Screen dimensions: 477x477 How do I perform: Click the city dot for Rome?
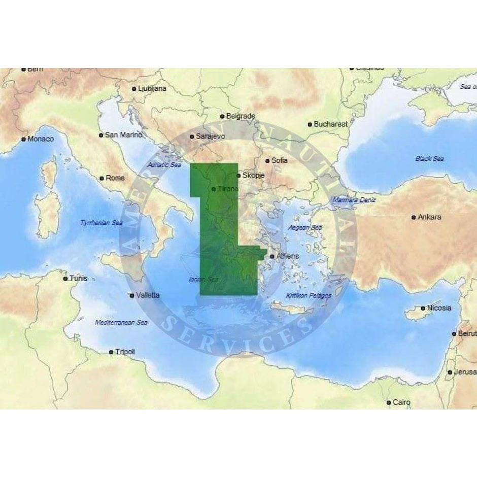102,179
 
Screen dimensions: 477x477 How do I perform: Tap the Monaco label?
41,139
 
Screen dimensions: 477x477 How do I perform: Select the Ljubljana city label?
152,88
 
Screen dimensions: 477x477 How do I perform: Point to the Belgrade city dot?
222,116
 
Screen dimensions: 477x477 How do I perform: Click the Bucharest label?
331,124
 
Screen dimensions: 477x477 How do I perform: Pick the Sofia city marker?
267,161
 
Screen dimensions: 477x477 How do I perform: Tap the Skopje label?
254,176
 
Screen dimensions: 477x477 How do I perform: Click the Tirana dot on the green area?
214,189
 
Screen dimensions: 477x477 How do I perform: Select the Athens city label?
288,256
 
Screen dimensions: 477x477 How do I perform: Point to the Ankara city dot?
414,217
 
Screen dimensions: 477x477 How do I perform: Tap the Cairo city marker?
389,402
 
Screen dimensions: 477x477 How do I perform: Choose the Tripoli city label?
125,352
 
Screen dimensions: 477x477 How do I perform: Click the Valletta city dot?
132,295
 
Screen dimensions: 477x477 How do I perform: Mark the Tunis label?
79,278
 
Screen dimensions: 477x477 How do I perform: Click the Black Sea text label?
429,159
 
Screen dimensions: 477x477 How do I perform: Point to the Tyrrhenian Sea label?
101,223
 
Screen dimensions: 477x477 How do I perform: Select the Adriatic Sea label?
164,165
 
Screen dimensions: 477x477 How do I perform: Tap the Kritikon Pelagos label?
309,295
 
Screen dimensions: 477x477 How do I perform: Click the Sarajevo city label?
211,137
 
